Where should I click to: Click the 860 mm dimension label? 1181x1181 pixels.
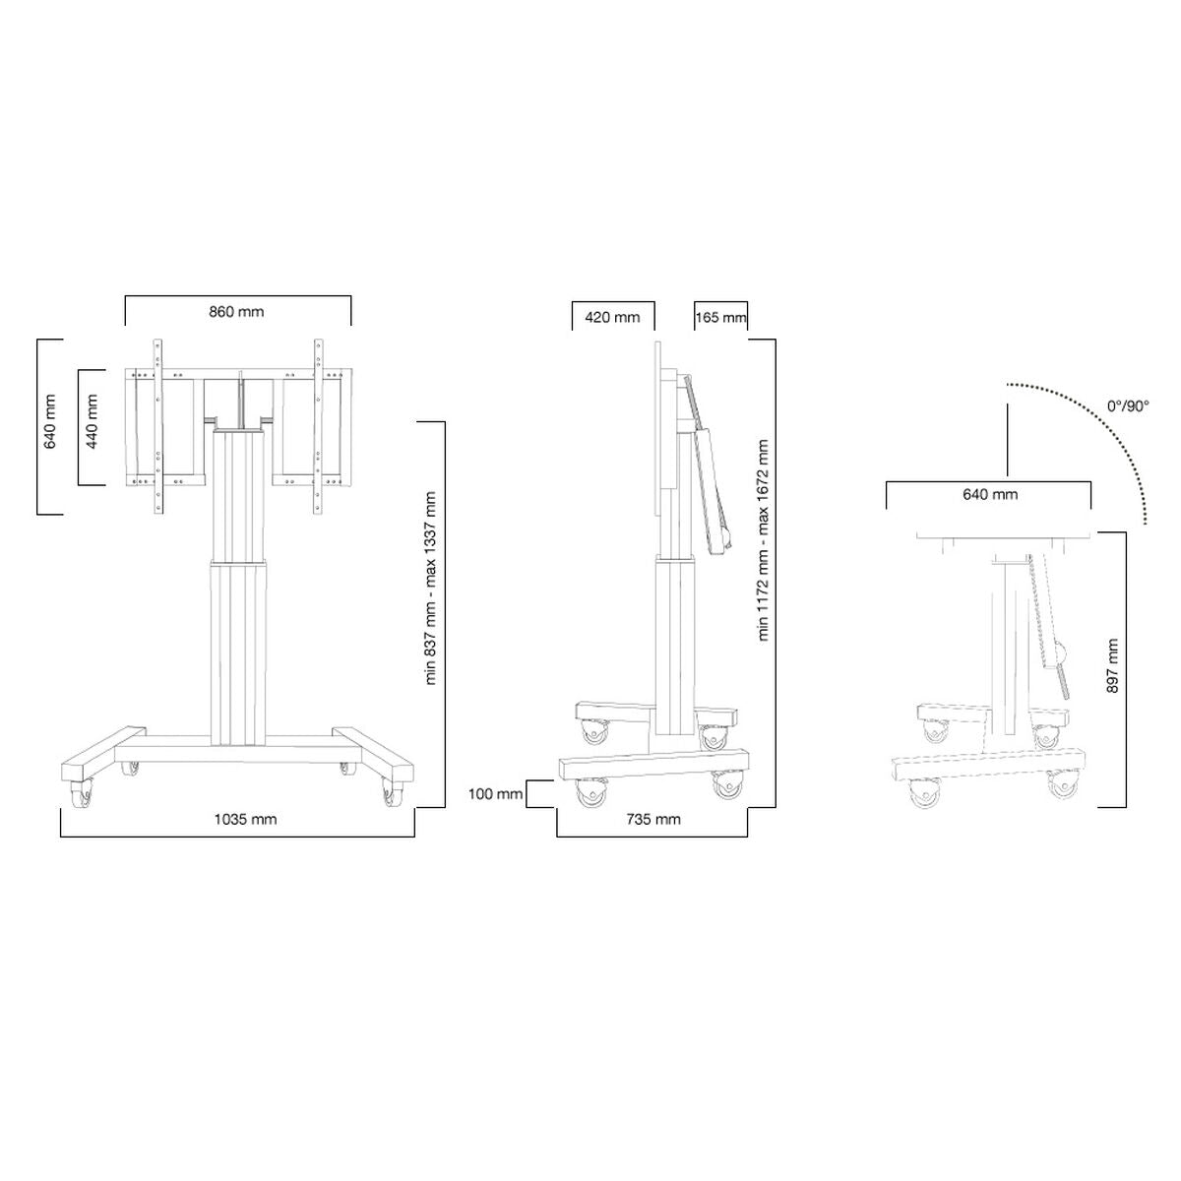coord(236,312)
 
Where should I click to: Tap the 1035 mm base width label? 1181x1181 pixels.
coord(247,819)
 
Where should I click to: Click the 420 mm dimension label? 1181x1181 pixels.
coord(612,317)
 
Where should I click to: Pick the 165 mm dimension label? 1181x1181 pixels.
coord(720,317)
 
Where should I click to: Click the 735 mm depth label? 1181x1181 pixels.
coord(653,819)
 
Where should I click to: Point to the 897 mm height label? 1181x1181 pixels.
coord(1112,666)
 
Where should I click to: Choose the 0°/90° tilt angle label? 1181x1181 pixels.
coord(1127,405)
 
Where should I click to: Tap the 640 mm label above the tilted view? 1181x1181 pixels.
coord(989,494)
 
